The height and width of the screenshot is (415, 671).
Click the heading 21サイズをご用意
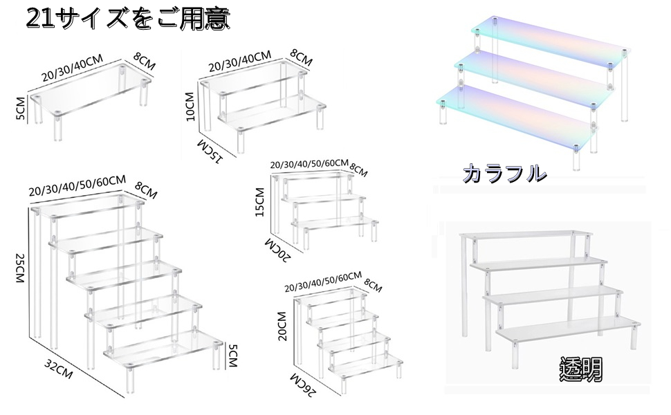point(127,19)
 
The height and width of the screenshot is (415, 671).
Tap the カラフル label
point(504,173)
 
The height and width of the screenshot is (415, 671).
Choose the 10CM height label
point(192,105)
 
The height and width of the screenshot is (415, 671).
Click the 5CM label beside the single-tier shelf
point(21,109)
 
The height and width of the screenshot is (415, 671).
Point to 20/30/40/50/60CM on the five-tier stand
point(77,186)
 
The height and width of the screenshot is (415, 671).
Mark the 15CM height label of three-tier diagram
point(261,202)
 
